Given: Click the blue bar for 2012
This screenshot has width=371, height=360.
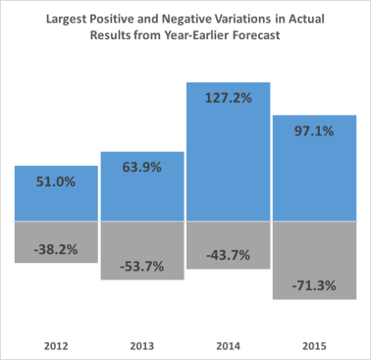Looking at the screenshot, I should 56,201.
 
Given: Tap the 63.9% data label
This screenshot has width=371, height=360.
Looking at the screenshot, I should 142,168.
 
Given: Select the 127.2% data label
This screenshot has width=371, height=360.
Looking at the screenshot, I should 227,98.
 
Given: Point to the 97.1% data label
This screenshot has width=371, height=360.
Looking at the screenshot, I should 312,131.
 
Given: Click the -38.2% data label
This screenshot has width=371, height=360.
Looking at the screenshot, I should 57,249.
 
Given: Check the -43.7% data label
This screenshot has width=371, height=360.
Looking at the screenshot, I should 227,255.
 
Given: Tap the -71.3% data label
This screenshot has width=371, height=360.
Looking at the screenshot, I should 312,285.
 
